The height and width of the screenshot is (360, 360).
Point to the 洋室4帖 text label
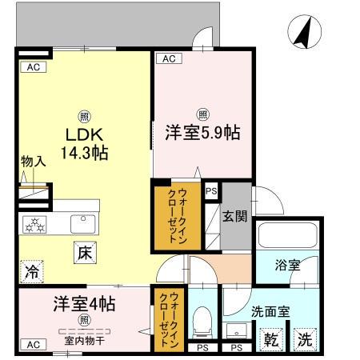point(84,304)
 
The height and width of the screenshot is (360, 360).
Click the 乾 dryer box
point(272,338)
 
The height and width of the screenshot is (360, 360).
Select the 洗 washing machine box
point(303,338)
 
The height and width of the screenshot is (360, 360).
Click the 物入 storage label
point(32,162)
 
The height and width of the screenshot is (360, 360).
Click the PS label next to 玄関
point(210,191)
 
